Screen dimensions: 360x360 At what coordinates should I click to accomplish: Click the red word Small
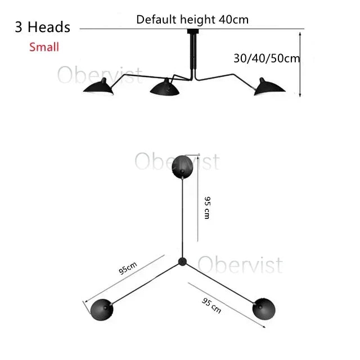tap(44, 47)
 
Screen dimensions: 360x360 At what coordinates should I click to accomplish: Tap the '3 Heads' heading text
tap(43, 27)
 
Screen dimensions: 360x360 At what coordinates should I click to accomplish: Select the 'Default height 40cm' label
tap(192, 20)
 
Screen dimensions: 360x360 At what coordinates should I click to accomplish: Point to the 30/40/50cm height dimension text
tap(267, 58)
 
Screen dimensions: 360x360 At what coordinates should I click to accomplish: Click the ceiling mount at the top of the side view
tap(193, 31)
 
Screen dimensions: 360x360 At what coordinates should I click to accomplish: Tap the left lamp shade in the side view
tap(99, 86)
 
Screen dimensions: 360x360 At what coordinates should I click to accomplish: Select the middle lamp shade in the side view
tap(164, 87)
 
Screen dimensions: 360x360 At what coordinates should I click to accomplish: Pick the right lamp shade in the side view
tap(269, 87)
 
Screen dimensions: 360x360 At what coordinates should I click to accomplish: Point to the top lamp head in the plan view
tap(182, 167)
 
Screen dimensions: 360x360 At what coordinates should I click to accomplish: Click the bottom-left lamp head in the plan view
tap(102, 309)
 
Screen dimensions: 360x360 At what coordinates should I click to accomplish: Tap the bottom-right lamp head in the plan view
tap(264, 309)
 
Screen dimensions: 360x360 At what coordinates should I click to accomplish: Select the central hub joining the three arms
tap(182, 262)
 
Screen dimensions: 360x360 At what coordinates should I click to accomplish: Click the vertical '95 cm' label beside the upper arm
tap(208, 208)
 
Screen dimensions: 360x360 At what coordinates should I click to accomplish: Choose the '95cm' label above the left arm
tap(128, 268)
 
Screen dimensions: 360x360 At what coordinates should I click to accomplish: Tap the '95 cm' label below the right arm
tap(211, 305)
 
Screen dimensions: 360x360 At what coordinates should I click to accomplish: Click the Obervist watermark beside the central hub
tap(240, 265)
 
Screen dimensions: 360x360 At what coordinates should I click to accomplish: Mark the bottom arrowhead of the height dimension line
tap(300, 95)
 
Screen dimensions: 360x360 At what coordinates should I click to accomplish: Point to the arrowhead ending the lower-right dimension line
tap(264, 327)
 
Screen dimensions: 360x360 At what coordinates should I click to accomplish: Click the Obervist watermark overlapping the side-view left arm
tap(100, 75)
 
